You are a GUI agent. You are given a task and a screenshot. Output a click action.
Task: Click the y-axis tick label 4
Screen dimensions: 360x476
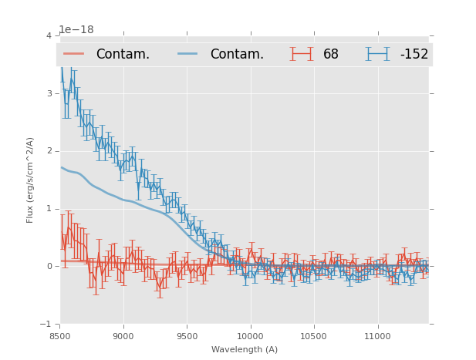(x=49, y=35)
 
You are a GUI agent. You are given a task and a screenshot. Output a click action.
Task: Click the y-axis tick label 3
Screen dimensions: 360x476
(x=49, y=93)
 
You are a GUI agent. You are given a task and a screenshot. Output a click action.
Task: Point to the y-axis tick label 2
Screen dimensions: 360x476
(x=49, y=151)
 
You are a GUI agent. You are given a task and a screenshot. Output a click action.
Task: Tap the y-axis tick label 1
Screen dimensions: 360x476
(x=49, y=208)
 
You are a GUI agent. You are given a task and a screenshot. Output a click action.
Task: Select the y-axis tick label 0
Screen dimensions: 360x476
(x=49, y=266)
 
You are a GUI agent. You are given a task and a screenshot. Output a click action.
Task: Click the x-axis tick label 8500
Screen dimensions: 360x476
(x=59, y=336)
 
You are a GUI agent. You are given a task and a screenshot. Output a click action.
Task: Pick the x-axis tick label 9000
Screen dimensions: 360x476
(x=123, y=336)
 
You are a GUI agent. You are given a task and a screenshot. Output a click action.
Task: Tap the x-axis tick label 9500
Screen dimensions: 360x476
(x=187, y=336)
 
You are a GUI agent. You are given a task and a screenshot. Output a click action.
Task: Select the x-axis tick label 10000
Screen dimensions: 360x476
(x=250, y=336)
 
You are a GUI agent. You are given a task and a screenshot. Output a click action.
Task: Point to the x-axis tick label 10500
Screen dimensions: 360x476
(x=313, y=336)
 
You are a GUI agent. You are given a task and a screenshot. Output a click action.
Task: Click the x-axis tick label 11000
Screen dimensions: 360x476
(x=377, y=336)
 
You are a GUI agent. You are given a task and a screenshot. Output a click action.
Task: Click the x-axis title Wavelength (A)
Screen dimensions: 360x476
(x=245, y=350)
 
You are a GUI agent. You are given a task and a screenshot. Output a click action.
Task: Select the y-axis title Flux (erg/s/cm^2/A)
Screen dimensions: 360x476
(x=30, y=180)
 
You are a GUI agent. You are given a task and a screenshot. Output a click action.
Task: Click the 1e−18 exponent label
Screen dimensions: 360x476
(x=76, y=29)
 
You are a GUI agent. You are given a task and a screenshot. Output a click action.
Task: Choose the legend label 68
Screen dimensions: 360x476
(x=331, y=55)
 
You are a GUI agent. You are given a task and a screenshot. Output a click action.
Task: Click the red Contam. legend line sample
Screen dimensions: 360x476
(x=75, y=54)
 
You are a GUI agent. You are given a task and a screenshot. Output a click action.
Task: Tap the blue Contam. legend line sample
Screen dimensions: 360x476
(x=189, y=54)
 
